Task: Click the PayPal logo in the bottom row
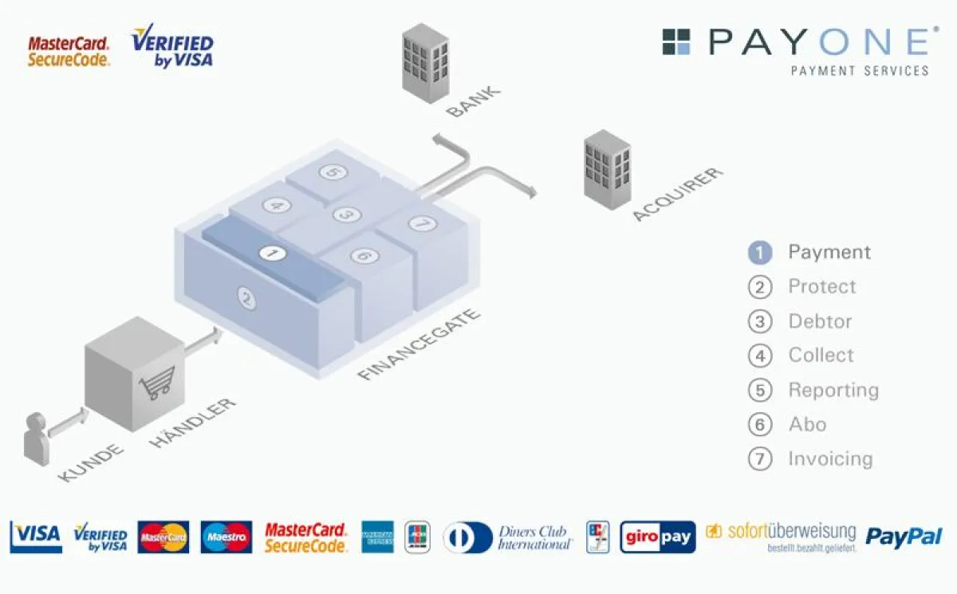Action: [x=904, y=537]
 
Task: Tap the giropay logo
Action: [x=657, y=537]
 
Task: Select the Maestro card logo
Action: [x=226, y=537]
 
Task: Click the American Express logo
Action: [x=377, y=537]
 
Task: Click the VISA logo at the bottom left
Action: [x=36, y=536]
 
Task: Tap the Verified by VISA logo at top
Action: [x=172, y=46]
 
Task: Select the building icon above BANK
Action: [x=425, y=62]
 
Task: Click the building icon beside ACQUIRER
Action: [x=607, y=169]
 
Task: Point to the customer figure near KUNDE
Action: [x=35, y=438]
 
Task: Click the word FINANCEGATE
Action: [x=419, y=344]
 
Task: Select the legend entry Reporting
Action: [x=833, y=390]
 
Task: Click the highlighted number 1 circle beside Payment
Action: [x=760, y=253]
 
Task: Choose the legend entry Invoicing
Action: [x=830, y=458]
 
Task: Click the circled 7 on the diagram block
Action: [x=423, y=224]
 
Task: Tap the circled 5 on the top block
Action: [x=330, y=172]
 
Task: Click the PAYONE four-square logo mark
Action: [x=676, y=41]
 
